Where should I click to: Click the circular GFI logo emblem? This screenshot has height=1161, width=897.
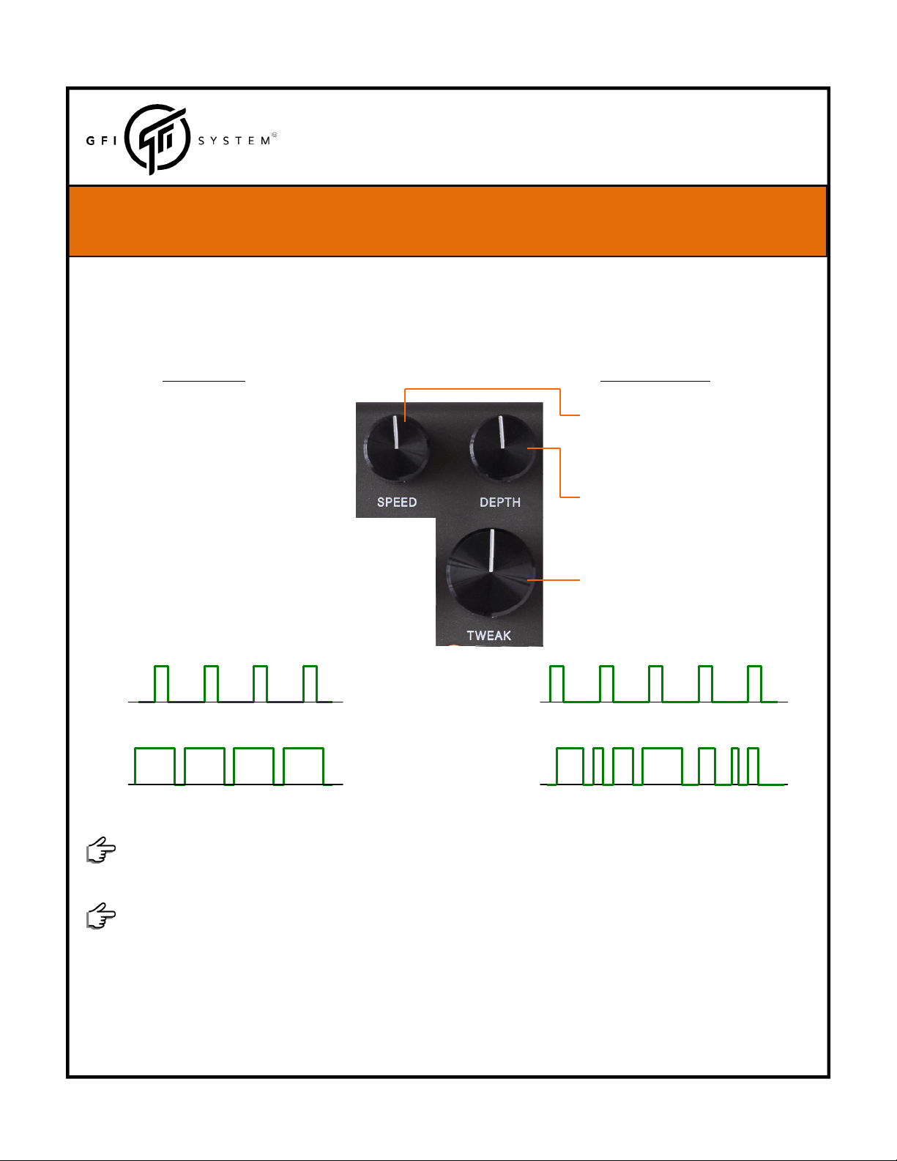click(x=157, y=139)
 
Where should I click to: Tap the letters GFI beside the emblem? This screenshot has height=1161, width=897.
click(x=102, y=141)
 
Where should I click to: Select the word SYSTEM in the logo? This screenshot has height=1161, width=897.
click(x=234, y=141)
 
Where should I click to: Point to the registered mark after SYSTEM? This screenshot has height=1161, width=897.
click(x=275, y=135)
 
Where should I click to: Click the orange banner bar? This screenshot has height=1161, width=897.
click(x=447, y=221)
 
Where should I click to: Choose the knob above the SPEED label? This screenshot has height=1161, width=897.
click(x=396, y=447)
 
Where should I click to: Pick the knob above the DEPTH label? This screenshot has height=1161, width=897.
click(x=502, y=447)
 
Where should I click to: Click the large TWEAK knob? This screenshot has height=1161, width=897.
click(x=491, y=571)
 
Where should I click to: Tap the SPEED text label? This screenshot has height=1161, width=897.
click(x=397, y=502)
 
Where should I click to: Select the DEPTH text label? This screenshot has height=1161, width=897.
click(x=499, y=502)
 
